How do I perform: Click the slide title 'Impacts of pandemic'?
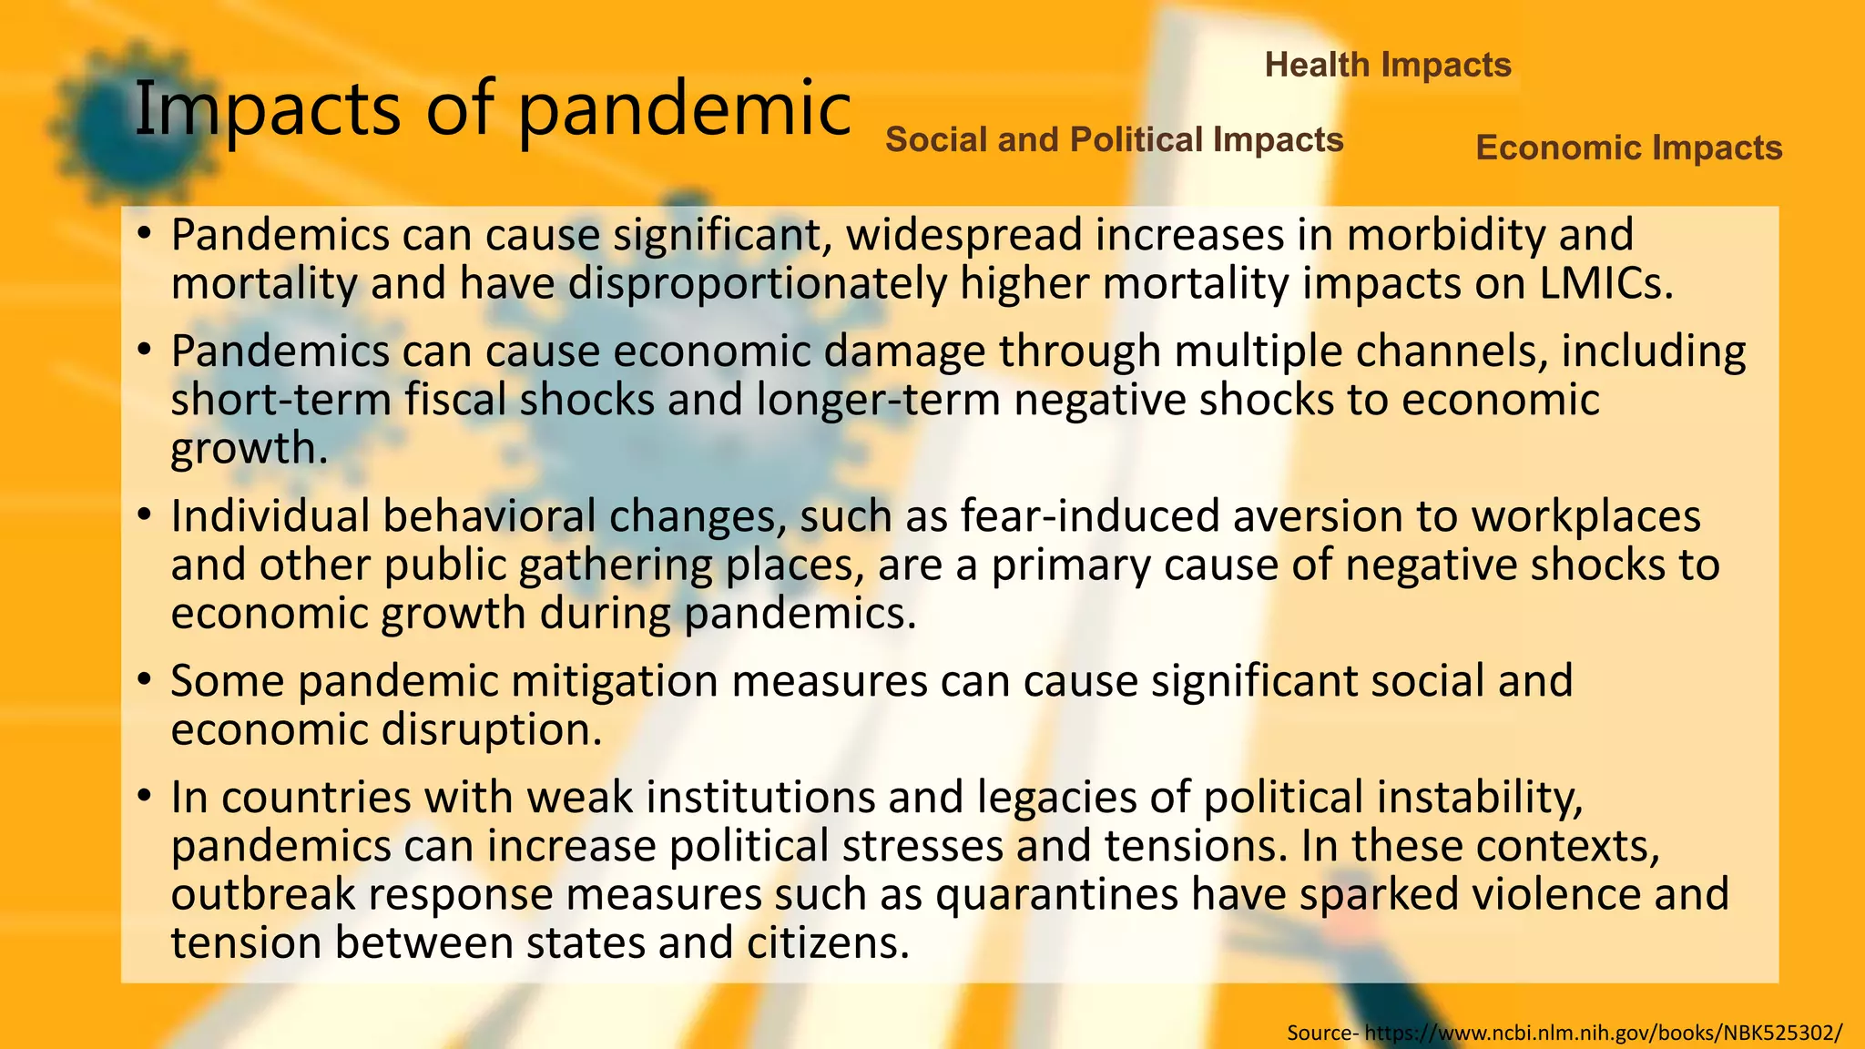tap(493, 109)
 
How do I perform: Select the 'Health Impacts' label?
tap(1388, 65)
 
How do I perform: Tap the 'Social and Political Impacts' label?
tap(1114, 139)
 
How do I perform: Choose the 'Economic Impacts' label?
tap(1628, 148)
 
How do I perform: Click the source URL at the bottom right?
tap(1604, 1033)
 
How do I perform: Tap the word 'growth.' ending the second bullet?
tap(249, 448)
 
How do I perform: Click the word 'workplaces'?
tap(1585, 516)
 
